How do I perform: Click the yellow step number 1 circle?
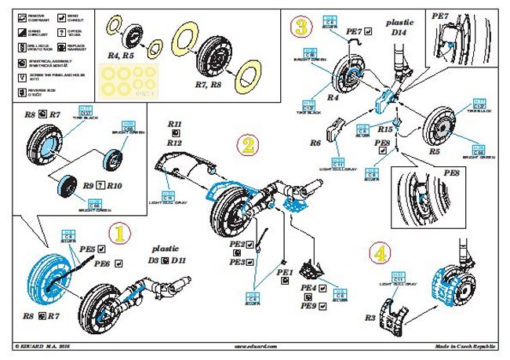(117, 233)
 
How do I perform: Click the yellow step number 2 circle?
(246, 144)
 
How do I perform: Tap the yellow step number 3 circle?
(301, 28)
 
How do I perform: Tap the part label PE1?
(284, 271)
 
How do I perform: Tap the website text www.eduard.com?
(257, 346)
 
